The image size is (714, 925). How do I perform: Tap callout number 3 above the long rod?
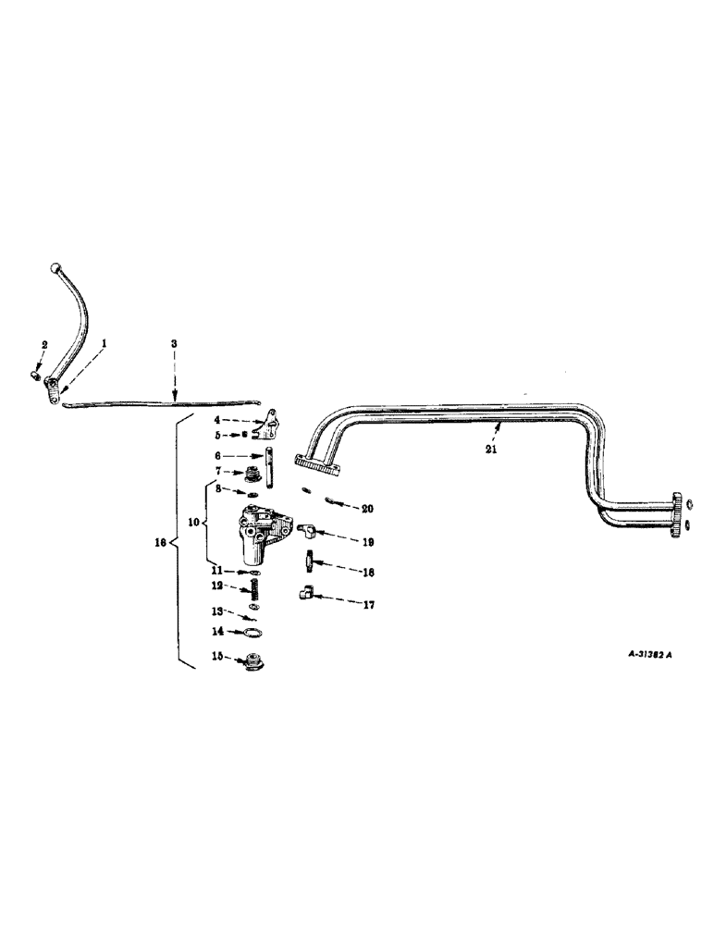(174, 343)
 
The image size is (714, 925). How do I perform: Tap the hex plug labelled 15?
(251, 662)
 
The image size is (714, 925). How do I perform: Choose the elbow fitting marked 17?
(309, 595)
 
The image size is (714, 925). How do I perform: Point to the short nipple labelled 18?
(310, 561)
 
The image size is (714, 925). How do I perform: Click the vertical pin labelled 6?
(266, 467)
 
